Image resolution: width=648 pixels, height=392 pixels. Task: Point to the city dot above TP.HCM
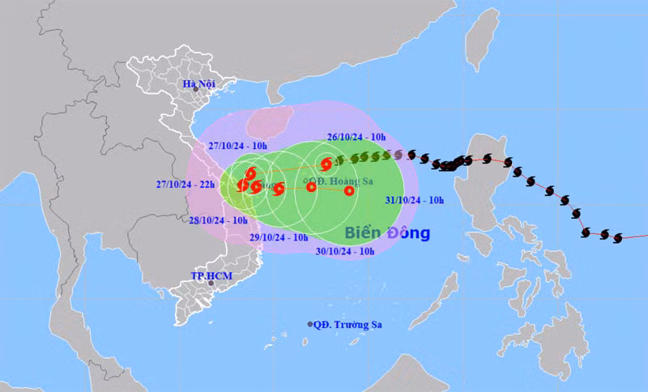pos(211,283)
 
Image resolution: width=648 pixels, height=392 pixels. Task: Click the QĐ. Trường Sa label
pos(349,324)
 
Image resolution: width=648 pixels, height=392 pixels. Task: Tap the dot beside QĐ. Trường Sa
pos(310,324)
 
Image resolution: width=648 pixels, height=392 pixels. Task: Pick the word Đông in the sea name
pos(408,233)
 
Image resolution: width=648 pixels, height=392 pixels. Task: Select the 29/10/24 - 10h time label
pos(279,237)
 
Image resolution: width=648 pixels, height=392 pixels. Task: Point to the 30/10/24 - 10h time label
pos(344,252)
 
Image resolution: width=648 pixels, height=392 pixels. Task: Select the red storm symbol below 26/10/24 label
pos(326,163)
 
